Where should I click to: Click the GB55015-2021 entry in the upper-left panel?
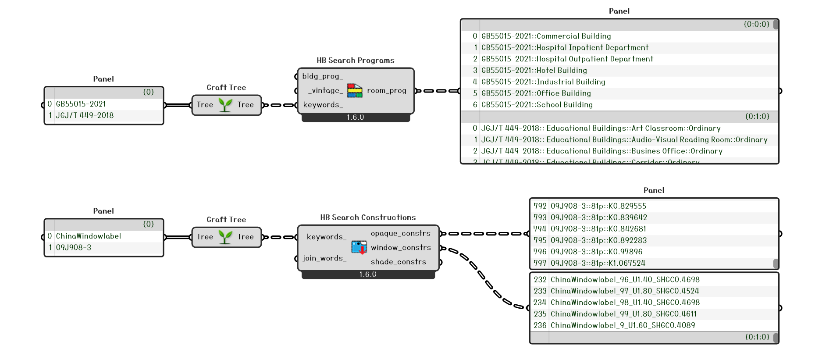click(81, 104)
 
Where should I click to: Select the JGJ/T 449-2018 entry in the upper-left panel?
click(85, 115)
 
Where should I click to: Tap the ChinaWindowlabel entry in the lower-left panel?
click(88, 236)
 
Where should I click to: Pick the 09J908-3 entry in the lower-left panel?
click(74, 247)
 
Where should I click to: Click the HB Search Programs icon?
click(355, 91)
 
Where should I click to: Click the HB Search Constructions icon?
click(359, 247)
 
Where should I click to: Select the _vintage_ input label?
click(325, 91)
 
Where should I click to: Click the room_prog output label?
click(386, 91)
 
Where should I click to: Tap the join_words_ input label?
click(324, 258)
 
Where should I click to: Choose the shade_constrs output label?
click(398, 262)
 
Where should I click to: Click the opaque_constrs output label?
click(400, 233)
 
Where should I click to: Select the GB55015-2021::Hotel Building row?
click(534, 70)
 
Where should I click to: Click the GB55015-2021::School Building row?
click(537, 104)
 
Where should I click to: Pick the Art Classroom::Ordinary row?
click(601, 128)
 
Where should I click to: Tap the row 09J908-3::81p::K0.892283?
click(598, 240)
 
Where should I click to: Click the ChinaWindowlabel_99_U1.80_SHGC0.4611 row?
click(623, 314)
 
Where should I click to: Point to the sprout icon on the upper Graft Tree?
click(225, 105)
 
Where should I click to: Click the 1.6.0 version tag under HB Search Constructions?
click(368, 274)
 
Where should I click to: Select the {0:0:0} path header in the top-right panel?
click(756, 25)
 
